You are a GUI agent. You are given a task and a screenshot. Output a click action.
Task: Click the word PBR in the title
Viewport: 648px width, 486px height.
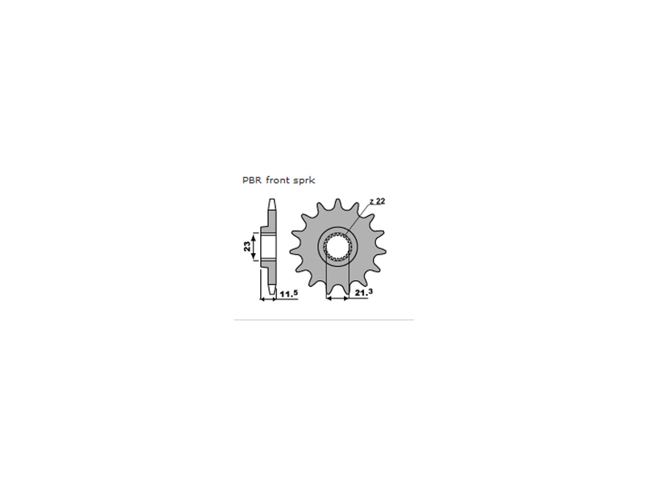252,180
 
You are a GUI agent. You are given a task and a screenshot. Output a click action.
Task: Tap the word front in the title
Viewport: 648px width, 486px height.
277,180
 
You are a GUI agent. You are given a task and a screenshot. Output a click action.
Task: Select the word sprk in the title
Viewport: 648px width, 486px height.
304,181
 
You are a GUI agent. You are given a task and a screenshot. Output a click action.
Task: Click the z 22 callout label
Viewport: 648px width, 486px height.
377,201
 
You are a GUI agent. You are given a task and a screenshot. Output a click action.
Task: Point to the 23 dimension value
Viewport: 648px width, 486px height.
247,246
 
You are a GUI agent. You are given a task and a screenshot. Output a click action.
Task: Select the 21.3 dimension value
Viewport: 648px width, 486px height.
364,292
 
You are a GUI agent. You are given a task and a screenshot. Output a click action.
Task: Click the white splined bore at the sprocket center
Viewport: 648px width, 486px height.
337,247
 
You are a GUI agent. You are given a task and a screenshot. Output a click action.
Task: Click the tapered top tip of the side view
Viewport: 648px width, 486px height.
272,204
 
